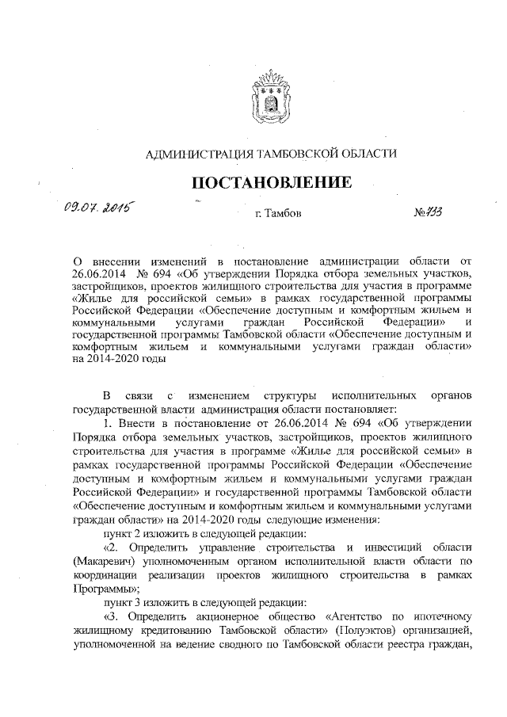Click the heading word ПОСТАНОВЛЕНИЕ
point(273,184)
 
